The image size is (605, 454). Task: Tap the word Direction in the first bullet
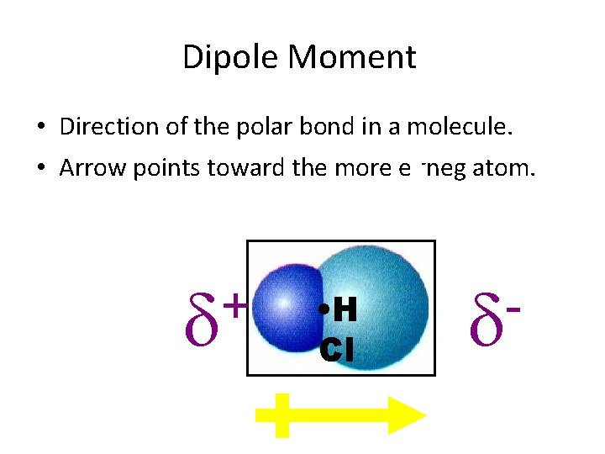coord(110,127)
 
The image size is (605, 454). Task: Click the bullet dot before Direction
coord(40,129)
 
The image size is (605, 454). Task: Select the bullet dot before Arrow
coord(40,170)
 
